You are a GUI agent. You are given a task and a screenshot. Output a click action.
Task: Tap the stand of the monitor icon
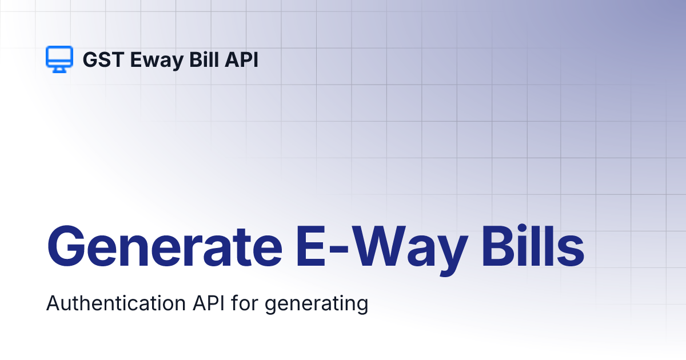point(59,70)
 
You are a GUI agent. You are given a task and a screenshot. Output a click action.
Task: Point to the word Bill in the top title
point(201,59)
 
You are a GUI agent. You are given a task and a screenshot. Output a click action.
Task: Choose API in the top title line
point(241,59)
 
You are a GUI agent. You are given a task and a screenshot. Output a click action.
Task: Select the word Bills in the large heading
point(528,247)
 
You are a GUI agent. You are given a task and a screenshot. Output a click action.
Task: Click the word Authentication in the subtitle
point(114,303)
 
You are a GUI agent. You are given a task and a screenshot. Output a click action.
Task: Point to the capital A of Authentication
point(53,303)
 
